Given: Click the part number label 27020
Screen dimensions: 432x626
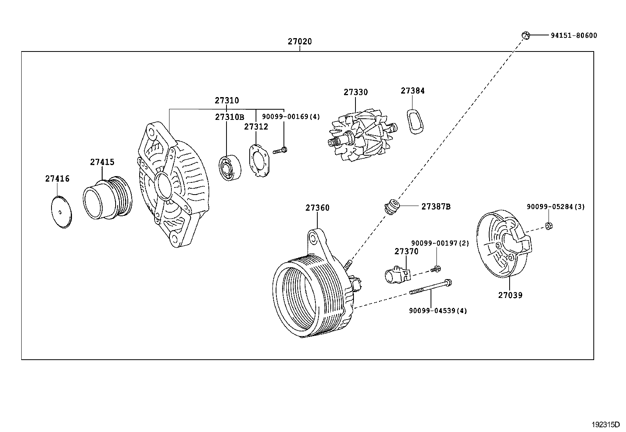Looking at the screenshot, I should coord(300,41).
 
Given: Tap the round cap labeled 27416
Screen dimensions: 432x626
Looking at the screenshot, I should coord(62,211).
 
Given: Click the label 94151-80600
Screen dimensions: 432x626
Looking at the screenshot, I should coord(574,35).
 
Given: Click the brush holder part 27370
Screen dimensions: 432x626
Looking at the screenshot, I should coord(396,274).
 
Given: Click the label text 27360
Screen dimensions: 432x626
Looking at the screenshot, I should coord(317,208).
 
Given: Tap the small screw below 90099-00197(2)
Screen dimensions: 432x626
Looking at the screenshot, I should coord(435,269).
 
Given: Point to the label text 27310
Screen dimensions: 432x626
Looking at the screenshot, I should coord(226,101).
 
